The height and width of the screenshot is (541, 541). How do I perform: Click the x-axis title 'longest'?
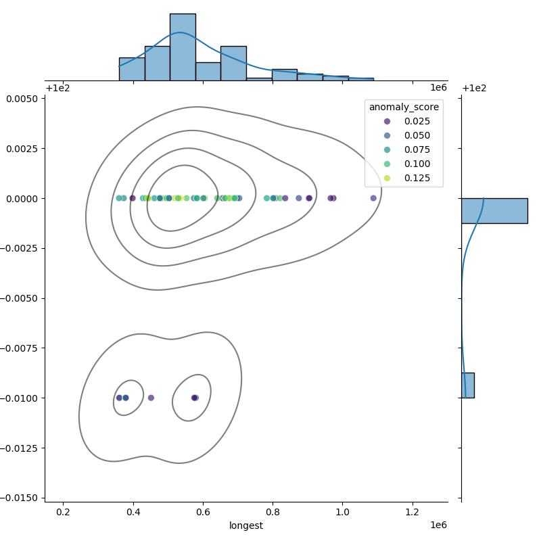pyautogui.click(x=246, y=525)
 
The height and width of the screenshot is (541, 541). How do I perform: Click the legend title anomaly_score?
pyautogui.click(x=404, y=107)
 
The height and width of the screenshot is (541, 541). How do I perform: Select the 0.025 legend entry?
pyautogui.click(x=404, y=121)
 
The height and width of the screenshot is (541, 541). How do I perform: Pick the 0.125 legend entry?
pyautogui.click(x=404, y=179)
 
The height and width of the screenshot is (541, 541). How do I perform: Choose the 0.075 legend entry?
pyautogui.click(x=404, y=149)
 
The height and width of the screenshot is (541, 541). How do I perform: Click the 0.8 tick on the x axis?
pyautogui.click(x=273, y=512)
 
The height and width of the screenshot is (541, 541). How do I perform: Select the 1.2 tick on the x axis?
pyautogui.click(x=413, y=512)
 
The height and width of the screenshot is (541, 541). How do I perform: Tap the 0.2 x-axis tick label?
pyautogui.click(x=63, y=512)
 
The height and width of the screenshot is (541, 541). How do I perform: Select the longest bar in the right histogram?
pyautogui.click(x=494, y=210)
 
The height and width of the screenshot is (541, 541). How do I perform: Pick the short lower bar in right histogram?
pyautogui.click(x=467, y=385)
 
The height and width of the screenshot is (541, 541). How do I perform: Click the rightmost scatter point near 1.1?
pyautogui.click(x=373, y=198)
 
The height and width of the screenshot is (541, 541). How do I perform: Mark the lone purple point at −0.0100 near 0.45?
pyautogui.click(x=151, y=398)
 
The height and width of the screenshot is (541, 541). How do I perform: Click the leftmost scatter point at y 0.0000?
pyautogui.click(x=119, y=198)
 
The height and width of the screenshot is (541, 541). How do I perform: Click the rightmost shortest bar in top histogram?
pyautogui.click(x=360, y=79)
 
